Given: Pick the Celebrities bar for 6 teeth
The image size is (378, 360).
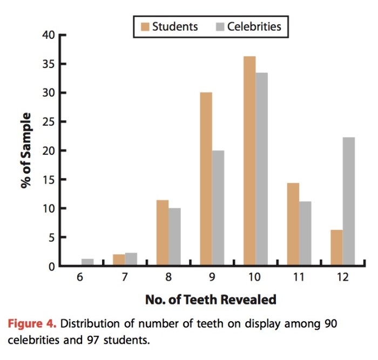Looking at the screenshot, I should pos(87,262).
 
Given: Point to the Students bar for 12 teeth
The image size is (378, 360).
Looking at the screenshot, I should pos(336,248).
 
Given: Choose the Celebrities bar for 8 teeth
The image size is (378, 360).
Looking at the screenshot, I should pos(174,237).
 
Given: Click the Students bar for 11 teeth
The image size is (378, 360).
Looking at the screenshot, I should pos(293,225).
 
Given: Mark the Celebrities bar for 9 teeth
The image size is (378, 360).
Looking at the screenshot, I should pos(218,208).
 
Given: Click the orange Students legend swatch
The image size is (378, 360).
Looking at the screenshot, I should pos(144,26).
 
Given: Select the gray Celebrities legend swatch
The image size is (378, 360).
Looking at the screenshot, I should pos(219,26).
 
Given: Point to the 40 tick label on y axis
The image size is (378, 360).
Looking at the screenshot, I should pos(49,36).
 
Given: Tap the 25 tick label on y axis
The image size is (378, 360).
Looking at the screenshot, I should pos(49,122).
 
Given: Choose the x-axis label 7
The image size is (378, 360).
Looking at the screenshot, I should pos(124,277).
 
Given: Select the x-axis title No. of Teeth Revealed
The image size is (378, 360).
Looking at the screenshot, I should pos(211,298).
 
